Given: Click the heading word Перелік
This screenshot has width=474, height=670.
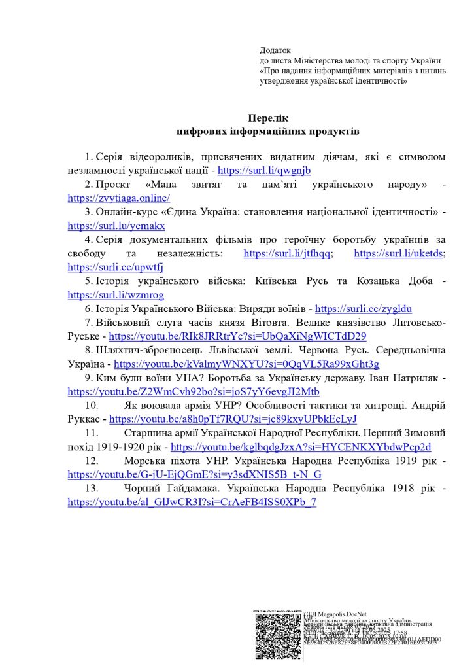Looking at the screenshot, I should coord(268,118).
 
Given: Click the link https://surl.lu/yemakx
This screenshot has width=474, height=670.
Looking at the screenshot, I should coord(116,226).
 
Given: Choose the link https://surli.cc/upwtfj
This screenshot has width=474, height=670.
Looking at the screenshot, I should coord(115,267).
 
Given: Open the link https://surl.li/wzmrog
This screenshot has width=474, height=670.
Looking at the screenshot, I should coord(116,295).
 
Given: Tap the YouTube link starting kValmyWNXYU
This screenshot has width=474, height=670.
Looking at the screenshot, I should coord(246,364).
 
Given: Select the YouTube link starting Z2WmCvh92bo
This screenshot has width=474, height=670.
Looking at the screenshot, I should coord(194,392).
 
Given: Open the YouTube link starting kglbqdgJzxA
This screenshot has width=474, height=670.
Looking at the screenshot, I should coord(301,447).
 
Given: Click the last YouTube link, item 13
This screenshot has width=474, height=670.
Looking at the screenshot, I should coord(192,502).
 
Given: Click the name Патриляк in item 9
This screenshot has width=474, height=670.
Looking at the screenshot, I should coord(415,378).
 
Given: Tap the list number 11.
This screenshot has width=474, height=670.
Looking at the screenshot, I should coord(91,433).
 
